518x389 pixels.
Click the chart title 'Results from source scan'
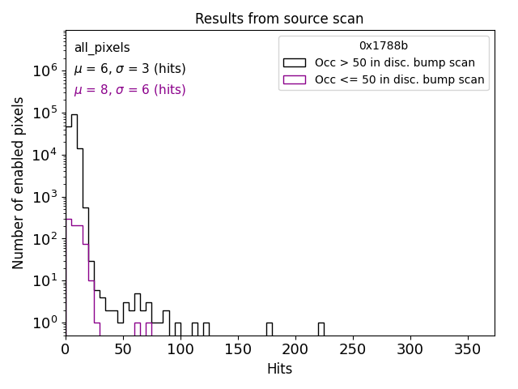pyautogui.click(x=279, y=19)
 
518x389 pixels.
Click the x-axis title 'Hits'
pyautogui.click(x=279, y=369)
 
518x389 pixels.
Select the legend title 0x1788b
pyautogui.click(x=384, y=46)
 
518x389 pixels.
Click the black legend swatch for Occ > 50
pyautogui.click(x=295, y=62)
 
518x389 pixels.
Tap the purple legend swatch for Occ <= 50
pyautogui.click(x=295, y=79)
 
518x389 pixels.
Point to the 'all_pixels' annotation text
pyautogui.click(x=102, y=48)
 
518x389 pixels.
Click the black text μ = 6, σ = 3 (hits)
pyautogui.click(x=129, y=69)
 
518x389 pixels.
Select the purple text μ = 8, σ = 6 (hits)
pyautogui.click(x=129, y=90)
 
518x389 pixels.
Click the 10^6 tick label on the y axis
pyautogui.click(x=44, y=71)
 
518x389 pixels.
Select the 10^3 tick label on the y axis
pyautogui.click(x=44, y=197)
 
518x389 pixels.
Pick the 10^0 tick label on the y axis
pyautogui.click(x=44, y=323)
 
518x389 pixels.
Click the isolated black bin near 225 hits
pyautogui.click(x=321, y=329)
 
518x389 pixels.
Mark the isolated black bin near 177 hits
pyautogui.click(x=269, y=329)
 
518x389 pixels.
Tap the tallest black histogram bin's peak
pyautogui.click(x=74, y=114)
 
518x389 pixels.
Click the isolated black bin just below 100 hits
pyautogui.click(x=177, y=329)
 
